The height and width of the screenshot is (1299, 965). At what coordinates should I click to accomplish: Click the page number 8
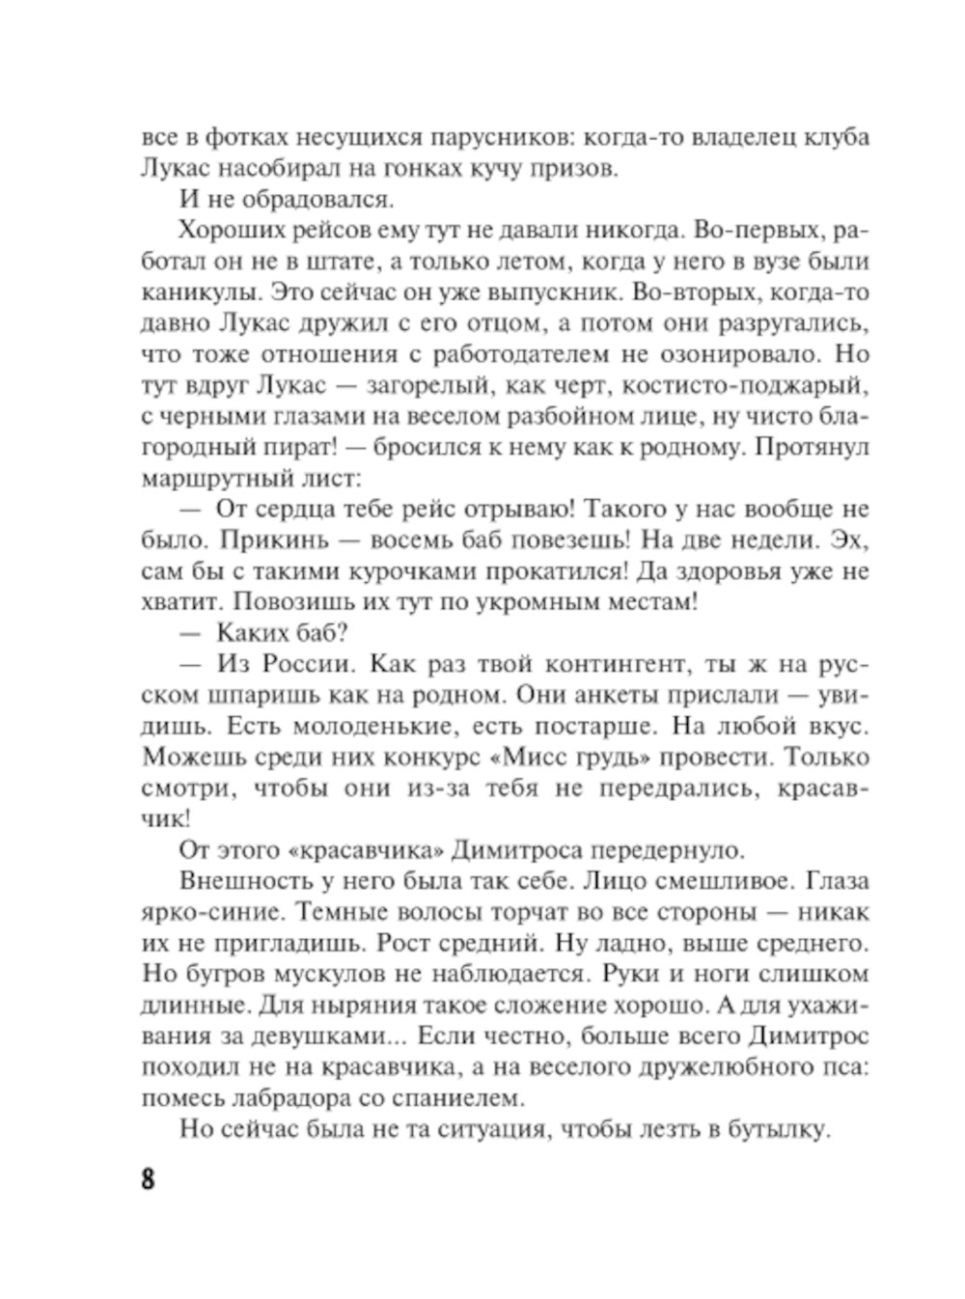(x=148, y=1178)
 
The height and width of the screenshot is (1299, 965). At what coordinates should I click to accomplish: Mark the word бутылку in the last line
(x=777, y=1129)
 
